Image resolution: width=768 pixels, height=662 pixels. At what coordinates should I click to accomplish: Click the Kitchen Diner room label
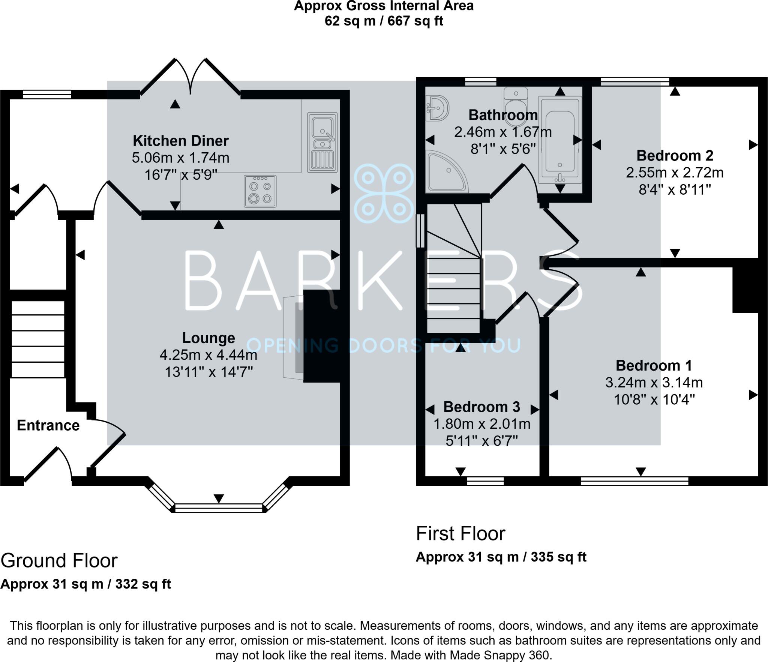tap(180, 141)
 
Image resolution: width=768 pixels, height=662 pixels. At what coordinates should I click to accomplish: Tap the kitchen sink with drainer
tap(322, 143)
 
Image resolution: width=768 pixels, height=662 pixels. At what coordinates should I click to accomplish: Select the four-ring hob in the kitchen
tap(260, 191)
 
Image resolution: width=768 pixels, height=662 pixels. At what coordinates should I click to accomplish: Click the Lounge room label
tap(208, 338)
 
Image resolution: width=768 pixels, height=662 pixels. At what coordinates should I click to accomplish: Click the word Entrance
tap(48, 425)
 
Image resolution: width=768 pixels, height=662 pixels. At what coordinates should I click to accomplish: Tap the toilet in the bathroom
tap(516, 98)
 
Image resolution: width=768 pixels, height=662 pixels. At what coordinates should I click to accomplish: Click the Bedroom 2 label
tap(675, 155)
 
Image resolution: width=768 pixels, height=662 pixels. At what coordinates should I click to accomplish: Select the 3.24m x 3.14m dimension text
tap(654, 383)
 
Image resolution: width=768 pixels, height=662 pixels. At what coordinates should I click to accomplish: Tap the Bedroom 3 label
tap(481, 407)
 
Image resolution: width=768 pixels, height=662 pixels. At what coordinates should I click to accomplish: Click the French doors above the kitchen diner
tap(190, 77)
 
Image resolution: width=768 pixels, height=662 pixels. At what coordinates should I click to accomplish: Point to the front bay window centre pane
tap(219, 508)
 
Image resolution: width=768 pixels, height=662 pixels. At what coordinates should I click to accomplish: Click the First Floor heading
tap(460, 533)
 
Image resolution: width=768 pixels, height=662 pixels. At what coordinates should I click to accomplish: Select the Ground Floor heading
tap(59, 560)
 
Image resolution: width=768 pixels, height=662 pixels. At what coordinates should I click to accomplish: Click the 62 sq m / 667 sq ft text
tap(384, 21)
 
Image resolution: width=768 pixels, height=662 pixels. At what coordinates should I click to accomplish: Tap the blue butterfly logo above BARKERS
tap(383, 194)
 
